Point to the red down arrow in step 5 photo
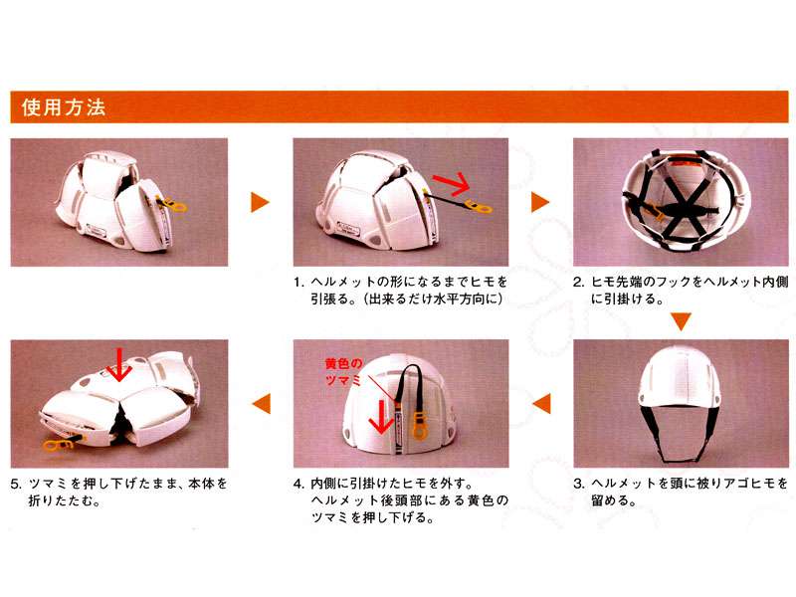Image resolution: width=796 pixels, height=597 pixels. click(x=119, y=364)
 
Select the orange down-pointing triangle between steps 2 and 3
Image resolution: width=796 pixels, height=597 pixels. click(x=680, y=321)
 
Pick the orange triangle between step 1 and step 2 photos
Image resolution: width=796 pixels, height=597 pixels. click(x=540, y=203)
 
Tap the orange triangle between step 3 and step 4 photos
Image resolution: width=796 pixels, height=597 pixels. click(x=542, y=403)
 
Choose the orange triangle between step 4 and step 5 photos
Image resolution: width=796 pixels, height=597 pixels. click(x=260, y=403)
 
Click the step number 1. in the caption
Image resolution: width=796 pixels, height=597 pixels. click(x=299, y=282)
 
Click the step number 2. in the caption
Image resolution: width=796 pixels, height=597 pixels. click(x=580, y=282)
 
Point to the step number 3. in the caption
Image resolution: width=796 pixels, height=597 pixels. click(x=580, y=484)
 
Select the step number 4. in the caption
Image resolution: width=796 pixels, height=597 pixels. click(x=299, y=484)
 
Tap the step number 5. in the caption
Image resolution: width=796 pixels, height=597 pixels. click(x=17, y=484)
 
